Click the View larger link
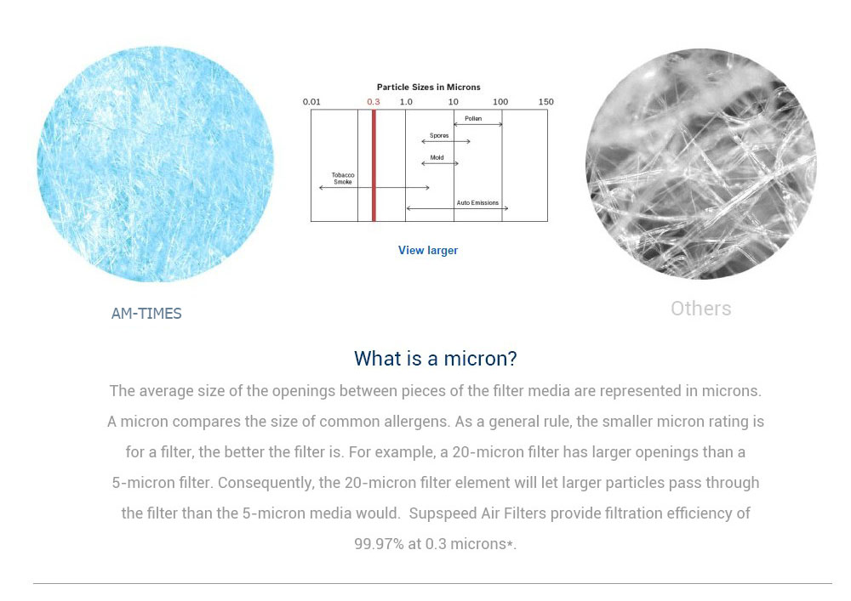click(428, 251)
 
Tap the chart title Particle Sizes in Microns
click(428, 88)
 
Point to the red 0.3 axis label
click(374, 102)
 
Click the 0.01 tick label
click(311, 102)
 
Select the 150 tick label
click(546, 102)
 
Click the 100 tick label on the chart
click(500, 102)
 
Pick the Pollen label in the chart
click(472, 119)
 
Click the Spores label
click(439, 135)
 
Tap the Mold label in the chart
click(437, 158)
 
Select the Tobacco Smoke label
click(343, 179)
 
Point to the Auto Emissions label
click(477, 202)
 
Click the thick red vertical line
click(374, 165)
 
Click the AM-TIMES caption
click(146, 314)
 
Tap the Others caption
click(700, 309)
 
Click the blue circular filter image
click(155, 164)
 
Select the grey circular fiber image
click(700, 164)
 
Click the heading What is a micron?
click(435, 359)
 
